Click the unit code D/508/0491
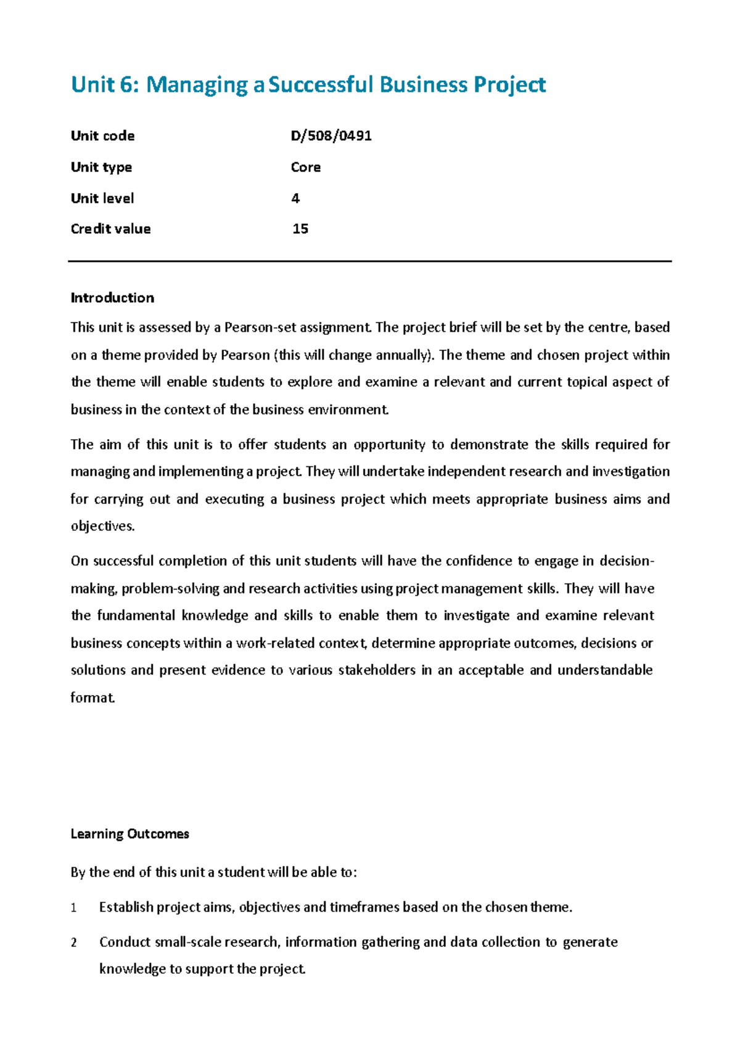331,136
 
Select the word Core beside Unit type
306,167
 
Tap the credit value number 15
300,229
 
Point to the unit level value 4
295,198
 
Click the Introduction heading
112,298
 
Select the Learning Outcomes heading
129,834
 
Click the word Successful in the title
321,84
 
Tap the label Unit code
102,136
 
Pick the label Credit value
110,229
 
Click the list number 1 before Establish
73,908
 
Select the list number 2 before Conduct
73,942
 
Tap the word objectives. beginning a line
102,526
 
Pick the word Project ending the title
509,84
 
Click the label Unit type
101,167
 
